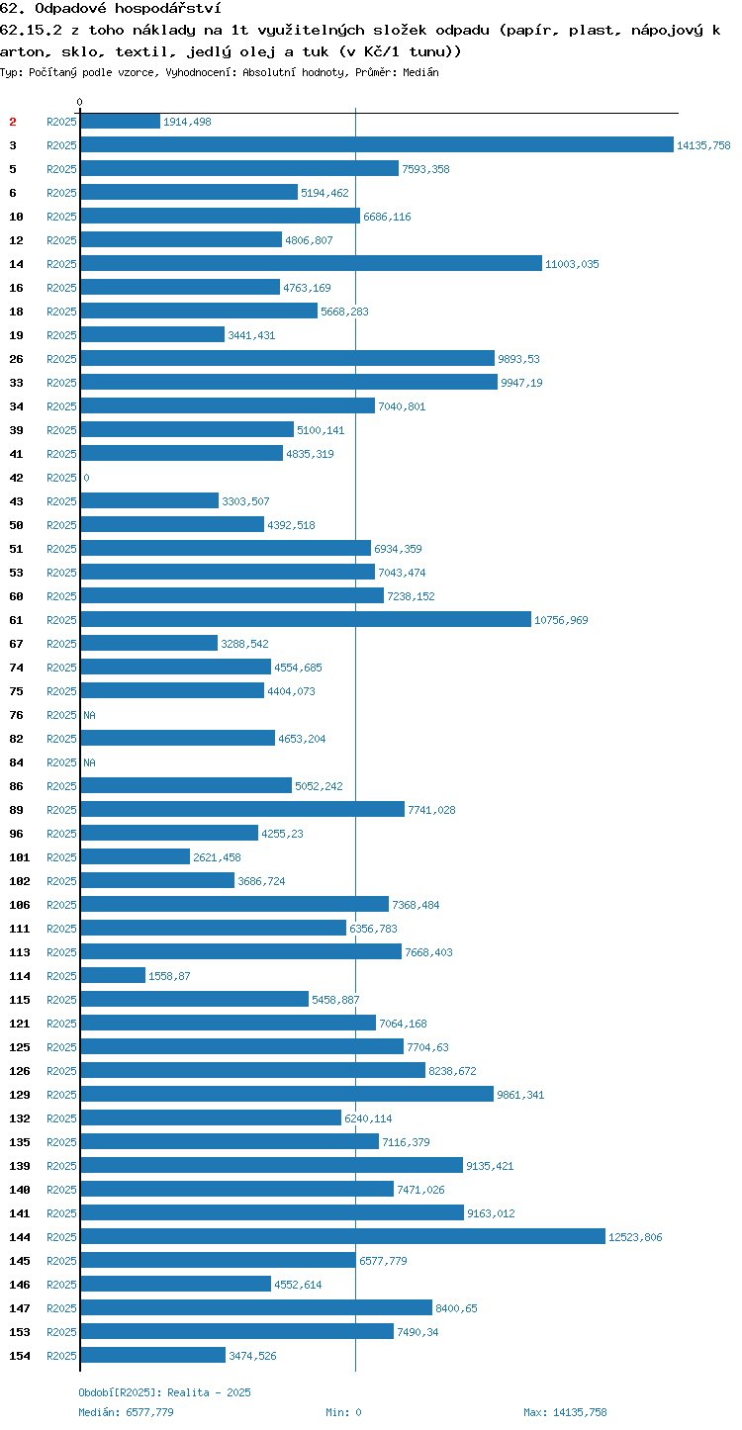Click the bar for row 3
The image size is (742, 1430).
(x=377, y=145)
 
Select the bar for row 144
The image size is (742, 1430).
(x=343, y=1236)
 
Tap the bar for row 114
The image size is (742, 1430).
(x=113, y=975)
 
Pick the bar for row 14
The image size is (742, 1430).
(x=311, y=263)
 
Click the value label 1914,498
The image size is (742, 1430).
(x=187, y=122)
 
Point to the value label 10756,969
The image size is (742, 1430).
(x=561, y=620)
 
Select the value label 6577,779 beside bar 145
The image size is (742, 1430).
(x=383, y=1261)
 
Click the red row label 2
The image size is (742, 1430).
(x=13, y=122)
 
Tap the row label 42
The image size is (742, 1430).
(x=17, y=478)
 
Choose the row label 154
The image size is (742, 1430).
(x=20, y=1355)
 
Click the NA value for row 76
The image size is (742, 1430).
(x=89, y=715)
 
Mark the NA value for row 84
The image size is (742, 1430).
(x=89, y=762)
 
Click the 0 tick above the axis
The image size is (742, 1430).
(x=80, y=102)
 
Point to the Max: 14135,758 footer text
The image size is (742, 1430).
(x=565, y=1412)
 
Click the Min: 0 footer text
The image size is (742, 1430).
(x=343, y=1412)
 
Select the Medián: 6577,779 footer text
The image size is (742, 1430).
(x=126, y=1412)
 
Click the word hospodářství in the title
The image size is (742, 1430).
(x=168, y=9)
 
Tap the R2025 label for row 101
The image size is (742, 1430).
(x=61, y=857)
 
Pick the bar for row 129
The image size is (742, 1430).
(x=287, y=1094)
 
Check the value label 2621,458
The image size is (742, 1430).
(x=217, y=857)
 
